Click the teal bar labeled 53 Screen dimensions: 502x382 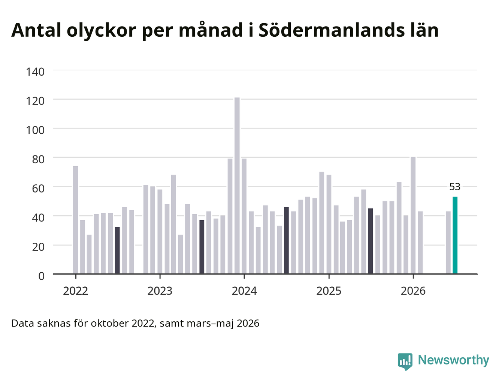455,235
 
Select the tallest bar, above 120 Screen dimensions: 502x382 237,185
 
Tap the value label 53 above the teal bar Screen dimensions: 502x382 455,187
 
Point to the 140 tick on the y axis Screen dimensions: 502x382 35,72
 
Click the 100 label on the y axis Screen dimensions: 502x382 35,130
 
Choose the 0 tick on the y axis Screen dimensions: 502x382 41,276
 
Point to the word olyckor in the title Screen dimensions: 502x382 101,31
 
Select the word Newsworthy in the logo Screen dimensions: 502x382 453,360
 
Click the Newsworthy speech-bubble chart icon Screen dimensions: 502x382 405,361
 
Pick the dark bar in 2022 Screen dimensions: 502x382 117,250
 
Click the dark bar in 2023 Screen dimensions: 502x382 202,247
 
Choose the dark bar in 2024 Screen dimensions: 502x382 286,240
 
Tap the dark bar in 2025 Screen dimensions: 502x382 371,241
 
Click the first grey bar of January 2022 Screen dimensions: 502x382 75,220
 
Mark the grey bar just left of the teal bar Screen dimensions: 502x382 448,242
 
